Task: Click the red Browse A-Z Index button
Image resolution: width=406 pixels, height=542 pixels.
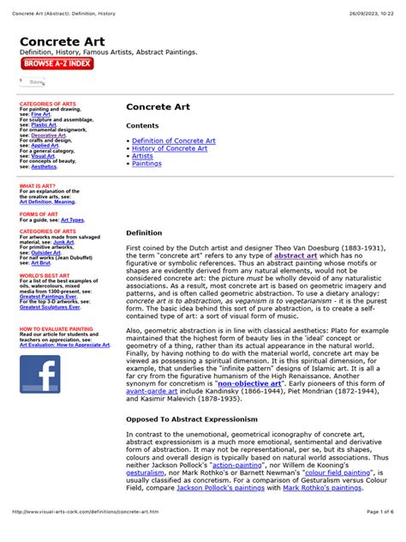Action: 57,63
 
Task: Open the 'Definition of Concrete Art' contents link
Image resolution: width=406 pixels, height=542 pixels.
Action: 173,141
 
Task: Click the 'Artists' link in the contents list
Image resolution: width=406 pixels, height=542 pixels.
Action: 143,156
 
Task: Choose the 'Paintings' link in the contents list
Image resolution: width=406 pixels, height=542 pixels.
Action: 146,164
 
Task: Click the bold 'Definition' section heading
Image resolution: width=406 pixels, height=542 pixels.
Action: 144,232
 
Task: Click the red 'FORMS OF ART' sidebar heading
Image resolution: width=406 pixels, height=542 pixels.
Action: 39,214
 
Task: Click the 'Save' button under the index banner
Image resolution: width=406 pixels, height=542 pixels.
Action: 34,81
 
